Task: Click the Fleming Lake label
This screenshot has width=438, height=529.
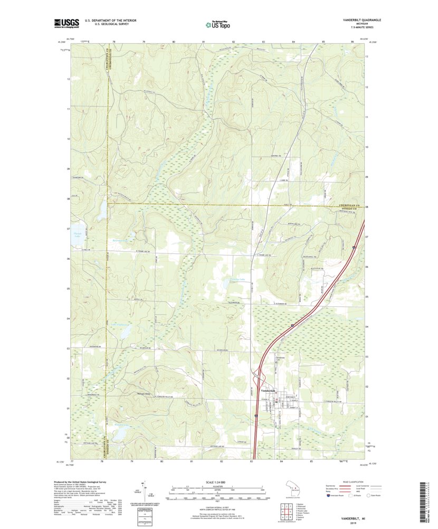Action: tap(237, 280)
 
